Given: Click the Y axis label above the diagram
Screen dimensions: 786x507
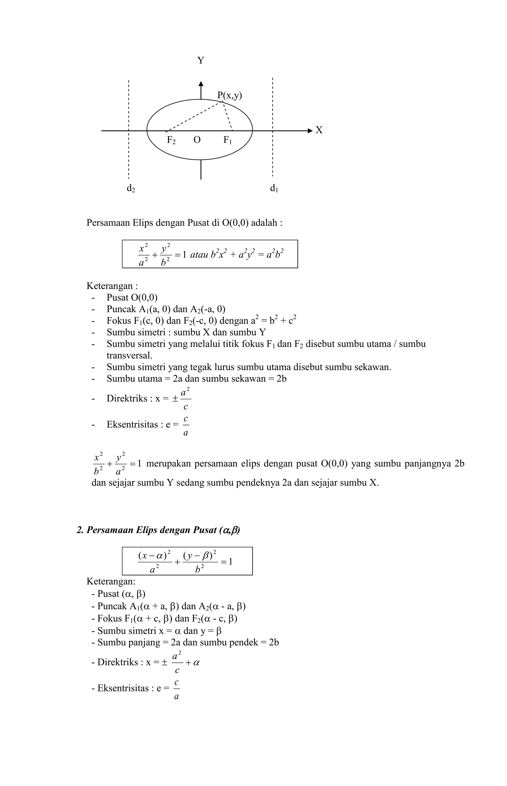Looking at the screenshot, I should [x=201, y=61].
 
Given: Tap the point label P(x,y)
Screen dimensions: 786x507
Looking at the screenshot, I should [x=229, y=96].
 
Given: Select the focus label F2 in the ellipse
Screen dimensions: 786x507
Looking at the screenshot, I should [x=171, y=140].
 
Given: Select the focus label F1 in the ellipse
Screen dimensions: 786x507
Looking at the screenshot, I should [x=228, y=140].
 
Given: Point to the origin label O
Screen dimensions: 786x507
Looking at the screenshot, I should [x=197, y=140].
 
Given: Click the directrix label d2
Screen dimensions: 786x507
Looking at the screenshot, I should [x=131, y=189].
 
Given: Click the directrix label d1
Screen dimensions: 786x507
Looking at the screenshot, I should [x=274, y=189].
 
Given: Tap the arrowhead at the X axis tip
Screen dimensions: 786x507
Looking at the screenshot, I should [x=310, y=131].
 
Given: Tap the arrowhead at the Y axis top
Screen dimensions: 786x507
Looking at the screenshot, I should [x=201, y=84].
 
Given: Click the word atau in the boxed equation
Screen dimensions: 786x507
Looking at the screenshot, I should [x=199, y=255].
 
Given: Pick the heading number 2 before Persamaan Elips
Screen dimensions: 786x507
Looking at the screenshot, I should [x=79, y=530].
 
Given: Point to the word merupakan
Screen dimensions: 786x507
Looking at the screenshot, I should [x=168, y=464].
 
